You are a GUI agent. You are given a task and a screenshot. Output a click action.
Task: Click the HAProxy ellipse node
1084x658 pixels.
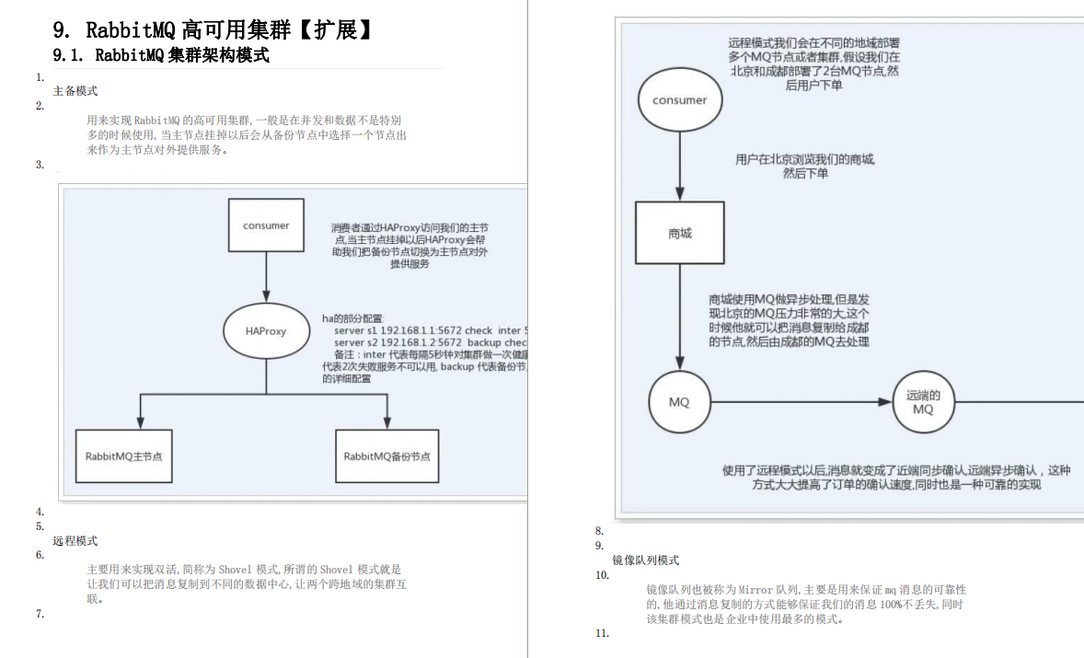(266, 331)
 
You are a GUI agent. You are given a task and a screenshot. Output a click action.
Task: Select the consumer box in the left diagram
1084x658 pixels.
(266, 225)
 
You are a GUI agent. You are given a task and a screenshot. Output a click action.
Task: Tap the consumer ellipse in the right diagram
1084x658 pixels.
(680, 100)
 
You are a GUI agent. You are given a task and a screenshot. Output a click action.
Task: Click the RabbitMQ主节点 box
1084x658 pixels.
(124, 456)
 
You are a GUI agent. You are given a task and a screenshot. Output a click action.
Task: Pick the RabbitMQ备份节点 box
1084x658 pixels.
(386, 456)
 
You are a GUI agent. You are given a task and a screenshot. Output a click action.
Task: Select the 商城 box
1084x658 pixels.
(680, 234)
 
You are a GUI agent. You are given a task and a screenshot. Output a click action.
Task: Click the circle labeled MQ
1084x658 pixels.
(679, 402)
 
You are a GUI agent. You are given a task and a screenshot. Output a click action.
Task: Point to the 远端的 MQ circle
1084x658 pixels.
(923, 403)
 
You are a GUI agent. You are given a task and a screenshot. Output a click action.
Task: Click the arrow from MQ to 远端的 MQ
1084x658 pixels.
(801, 402)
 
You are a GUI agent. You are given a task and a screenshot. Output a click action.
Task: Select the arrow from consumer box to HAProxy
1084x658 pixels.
(266, 277)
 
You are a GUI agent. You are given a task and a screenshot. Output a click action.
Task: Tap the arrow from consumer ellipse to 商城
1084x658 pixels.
(680, 166)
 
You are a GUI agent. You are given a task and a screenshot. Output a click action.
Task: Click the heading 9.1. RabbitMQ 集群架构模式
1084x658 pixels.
(161, 55)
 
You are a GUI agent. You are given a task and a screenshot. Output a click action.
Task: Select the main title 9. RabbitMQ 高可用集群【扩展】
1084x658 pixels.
(213, 29)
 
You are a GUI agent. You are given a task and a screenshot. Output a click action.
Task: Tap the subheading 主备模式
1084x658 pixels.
(75, 91)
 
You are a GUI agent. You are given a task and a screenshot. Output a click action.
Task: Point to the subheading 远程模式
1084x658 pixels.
(75, 541)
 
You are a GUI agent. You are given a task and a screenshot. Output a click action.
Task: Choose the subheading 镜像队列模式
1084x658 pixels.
(646, 560)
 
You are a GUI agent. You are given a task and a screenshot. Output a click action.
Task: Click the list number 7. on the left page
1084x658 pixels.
(40, 614)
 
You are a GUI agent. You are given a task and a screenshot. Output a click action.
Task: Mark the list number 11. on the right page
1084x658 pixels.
(602, 633)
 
